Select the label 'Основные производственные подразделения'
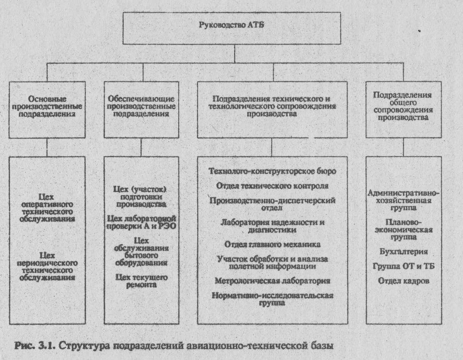[47, 105]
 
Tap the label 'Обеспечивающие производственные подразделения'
[141, 105]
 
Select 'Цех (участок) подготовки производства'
[141, 196]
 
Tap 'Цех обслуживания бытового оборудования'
[141, 251]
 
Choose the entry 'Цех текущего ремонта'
[141, 280]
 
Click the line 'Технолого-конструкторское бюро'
[272, 171]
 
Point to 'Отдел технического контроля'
[272, 185]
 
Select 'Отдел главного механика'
[272, 244]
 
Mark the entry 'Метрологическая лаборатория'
[272, 281]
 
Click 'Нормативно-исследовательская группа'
[272, 299]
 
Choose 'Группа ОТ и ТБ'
[403, 266]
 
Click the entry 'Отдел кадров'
[403, 281]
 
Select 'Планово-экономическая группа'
[403, 229]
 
